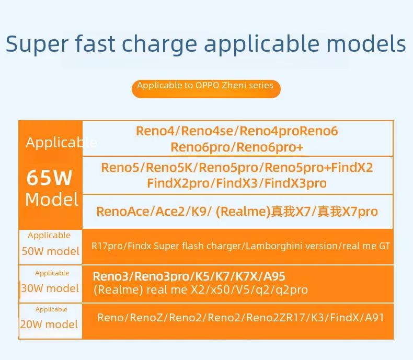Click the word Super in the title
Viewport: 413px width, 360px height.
[37, 44]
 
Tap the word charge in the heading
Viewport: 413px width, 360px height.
[159, 44]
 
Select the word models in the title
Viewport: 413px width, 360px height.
[366, 43]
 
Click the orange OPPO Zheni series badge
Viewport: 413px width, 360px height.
[206, 89]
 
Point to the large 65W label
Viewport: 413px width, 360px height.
[49, 177]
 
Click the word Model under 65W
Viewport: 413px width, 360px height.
[52, 199]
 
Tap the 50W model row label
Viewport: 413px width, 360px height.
[51, 251]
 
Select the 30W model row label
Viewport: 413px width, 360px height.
[50, 288]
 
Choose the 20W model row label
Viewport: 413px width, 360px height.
[49, 324]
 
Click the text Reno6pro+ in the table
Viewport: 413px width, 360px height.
[270, 147]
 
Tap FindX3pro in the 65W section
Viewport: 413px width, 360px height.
[295, 183]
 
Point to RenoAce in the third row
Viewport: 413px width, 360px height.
[123, 211]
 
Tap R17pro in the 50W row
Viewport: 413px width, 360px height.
[108, 246]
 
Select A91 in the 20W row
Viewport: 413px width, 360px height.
[374, 318]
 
